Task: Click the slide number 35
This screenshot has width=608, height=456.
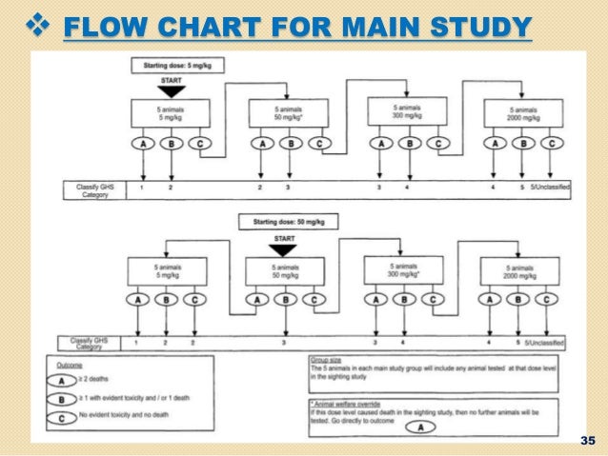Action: [x=586, y=440]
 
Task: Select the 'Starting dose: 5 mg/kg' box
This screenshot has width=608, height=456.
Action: [x=171, y=65]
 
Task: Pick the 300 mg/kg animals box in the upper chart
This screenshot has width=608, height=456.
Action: [x=408, y=112]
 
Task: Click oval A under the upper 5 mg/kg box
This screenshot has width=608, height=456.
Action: [x=142, y=144]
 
